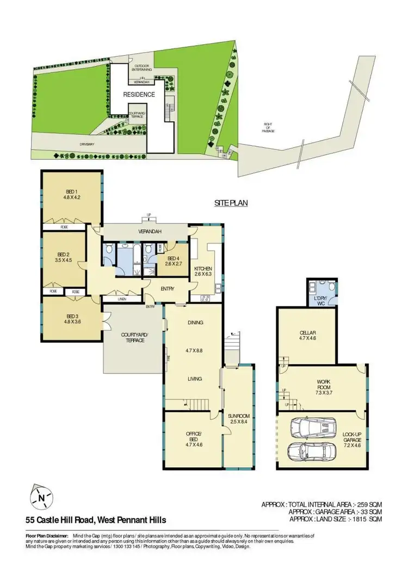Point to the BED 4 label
click(x=174, y=258)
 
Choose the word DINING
click(x=195, y=323)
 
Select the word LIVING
click(x=195, y=379)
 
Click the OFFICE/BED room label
click(x=194, y=433)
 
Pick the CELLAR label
click(x=308, y=333)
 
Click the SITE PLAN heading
click(x=231, y=203)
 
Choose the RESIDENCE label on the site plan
click(x=139, y=95)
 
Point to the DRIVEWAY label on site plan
click(x=87, y=145)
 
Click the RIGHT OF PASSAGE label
click(x=268, y=127)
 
